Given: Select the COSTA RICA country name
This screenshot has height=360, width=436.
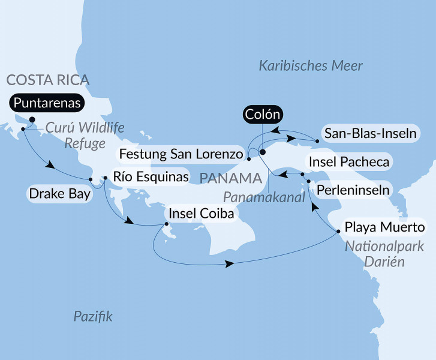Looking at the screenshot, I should point(47,80).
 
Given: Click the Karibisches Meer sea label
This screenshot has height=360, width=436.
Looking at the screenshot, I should point(311,66).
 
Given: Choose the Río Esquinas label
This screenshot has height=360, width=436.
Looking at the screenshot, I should point(150,178).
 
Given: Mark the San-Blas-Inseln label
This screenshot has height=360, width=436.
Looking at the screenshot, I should point(368,133).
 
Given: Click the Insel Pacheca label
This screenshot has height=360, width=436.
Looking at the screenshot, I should point(348,161).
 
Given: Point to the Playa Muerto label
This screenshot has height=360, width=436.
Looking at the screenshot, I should point(383,228).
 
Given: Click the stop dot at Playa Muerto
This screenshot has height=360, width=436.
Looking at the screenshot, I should point(339,229).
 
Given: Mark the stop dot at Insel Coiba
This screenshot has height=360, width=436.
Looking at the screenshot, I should point(167,226).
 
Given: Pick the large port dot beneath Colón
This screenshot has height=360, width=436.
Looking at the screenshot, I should point(262,152).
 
